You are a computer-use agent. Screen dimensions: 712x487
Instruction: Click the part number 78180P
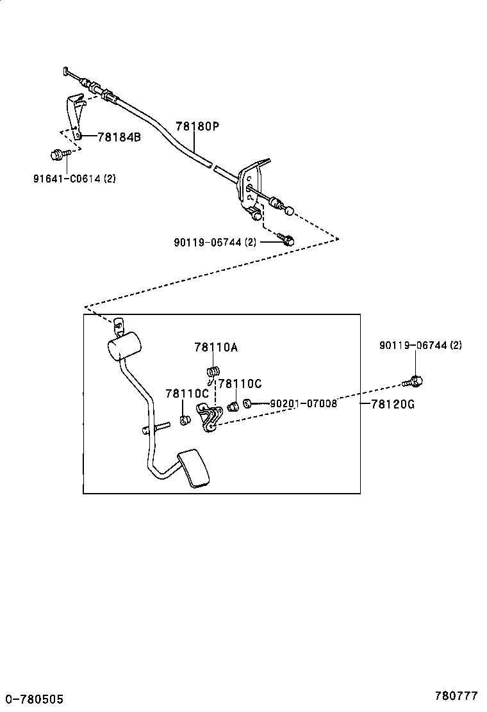(197, 127)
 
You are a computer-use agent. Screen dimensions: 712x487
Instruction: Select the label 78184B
(119, 136)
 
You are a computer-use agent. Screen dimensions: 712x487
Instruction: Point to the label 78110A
(216, 347)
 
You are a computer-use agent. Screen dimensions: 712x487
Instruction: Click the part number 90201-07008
(303, 403)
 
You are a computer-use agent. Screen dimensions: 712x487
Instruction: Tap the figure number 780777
(457, 695)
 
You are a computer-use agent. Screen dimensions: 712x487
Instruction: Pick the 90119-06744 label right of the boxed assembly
(420, 345)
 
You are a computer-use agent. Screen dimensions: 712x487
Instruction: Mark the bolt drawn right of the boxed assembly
(413, 382)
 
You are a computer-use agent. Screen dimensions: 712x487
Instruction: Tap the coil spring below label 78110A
(213, 371)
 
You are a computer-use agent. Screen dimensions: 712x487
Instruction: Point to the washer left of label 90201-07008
(247, 403)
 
